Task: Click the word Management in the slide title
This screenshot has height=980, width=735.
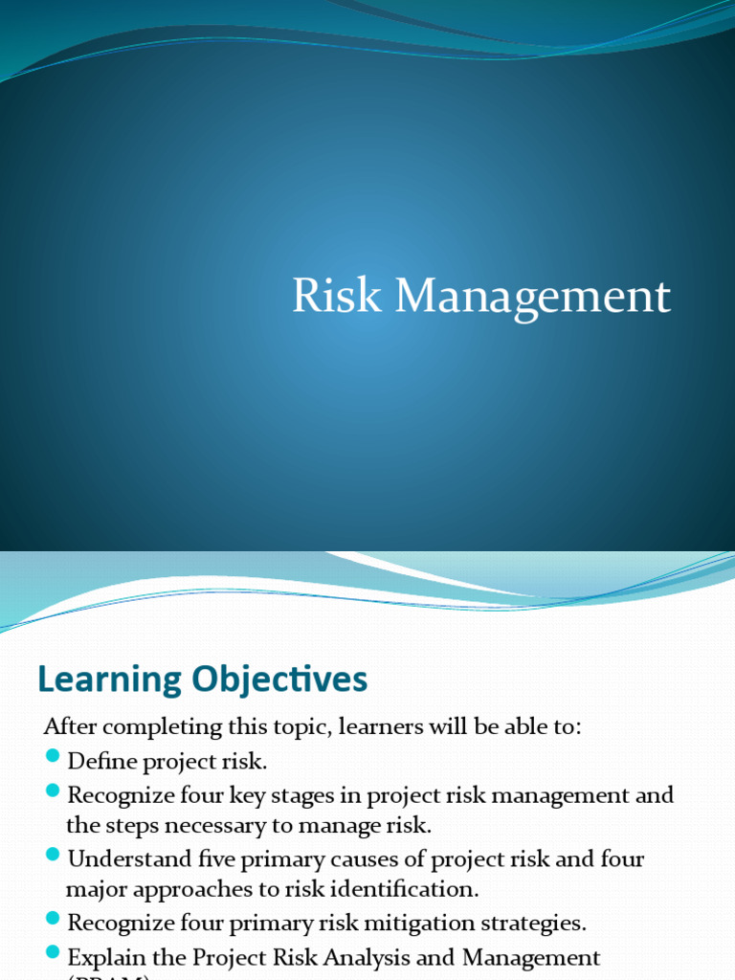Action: point(533,298)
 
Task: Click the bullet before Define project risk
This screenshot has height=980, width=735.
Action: point(52,759)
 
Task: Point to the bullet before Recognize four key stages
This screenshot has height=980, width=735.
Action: point(52,792)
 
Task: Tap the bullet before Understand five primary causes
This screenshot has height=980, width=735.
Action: point(52,855)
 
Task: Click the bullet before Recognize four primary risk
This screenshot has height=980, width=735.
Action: point(52,920)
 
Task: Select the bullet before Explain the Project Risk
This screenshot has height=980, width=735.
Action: point(52,954)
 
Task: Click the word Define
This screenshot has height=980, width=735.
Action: point(96,762)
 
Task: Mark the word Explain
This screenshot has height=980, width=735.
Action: point(102,957)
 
